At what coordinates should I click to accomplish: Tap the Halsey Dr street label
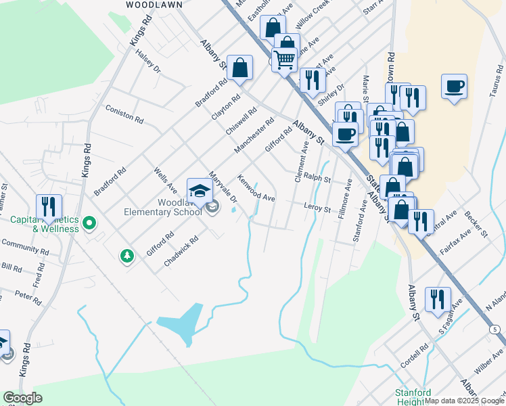(x=147, y=60)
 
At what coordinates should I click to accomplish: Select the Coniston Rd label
(x=124, y=114)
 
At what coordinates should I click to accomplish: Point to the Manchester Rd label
(x=254, y=135)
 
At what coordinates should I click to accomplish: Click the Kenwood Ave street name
(x=256, y=188)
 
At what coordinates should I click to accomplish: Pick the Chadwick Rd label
(x=181, y=251)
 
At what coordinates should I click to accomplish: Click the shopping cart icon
(x=284, y=60)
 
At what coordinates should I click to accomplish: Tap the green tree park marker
(x=126, y=255)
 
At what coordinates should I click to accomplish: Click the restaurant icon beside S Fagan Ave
(x=437, y=298)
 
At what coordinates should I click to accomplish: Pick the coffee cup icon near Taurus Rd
(x=454, y=87)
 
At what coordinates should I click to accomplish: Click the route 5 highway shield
(x=497, y=329)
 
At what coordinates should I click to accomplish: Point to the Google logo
(x=23, y=398)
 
